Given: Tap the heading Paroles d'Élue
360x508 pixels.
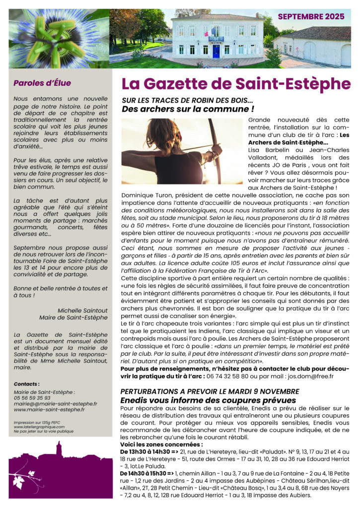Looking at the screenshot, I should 42,83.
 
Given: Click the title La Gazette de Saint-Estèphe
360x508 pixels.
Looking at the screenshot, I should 236,83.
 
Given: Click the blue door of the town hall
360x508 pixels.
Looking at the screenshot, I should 216,51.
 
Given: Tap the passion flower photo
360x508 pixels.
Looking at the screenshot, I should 59,38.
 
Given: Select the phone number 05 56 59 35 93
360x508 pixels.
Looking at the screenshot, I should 32,397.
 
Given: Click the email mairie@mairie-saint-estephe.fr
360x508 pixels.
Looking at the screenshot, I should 56,404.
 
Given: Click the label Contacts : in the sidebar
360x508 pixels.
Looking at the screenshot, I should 27,384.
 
